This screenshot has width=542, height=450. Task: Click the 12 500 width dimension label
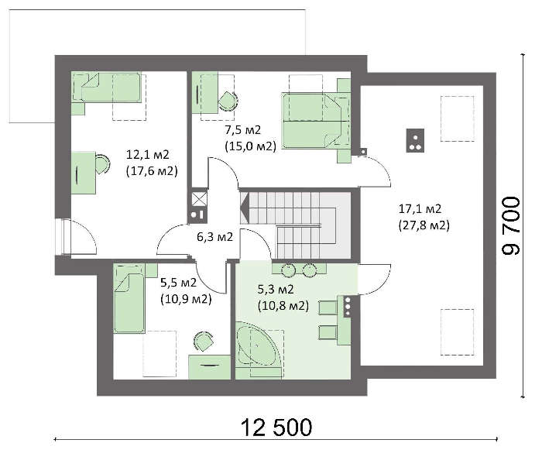(x=276, y=428)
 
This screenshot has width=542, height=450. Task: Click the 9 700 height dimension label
(x=511, y=226)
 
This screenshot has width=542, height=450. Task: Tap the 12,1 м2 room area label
(x=148, y=154)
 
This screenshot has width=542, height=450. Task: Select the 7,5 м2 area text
(x=243, y=130)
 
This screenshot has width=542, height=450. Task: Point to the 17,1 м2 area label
(x=420, y=208)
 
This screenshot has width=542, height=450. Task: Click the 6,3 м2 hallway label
(x=214, y=237)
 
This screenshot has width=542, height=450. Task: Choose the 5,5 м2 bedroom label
(x=178, y=283)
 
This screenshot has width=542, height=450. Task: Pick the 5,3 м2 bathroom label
(x=276, y=289)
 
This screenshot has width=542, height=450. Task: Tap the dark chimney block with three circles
(x=415, y=140)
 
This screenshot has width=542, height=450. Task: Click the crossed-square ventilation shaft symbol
(x=200, y=199)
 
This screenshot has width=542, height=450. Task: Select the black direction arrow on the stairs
(x=245, y=208)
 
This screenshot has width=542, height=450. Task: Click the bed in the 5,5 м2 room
(x=129, y=299)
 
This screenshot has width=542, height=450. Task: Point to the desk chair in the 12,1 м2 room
(x=102, y=164)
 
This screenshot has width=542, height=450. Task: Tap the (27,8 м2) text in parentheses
(x=424, y=225)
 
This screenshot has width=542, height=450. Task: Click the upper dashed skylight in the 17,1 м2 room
(x=457, y=119)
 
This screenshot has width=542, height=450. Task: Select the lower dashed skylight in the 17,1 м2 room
(x=457, y=332)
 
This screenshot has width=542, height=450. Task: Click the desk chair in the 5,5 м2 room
(x=203, y=341)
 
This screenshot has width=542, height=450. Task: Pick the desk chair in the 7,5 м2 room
(x=228, y=101)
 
